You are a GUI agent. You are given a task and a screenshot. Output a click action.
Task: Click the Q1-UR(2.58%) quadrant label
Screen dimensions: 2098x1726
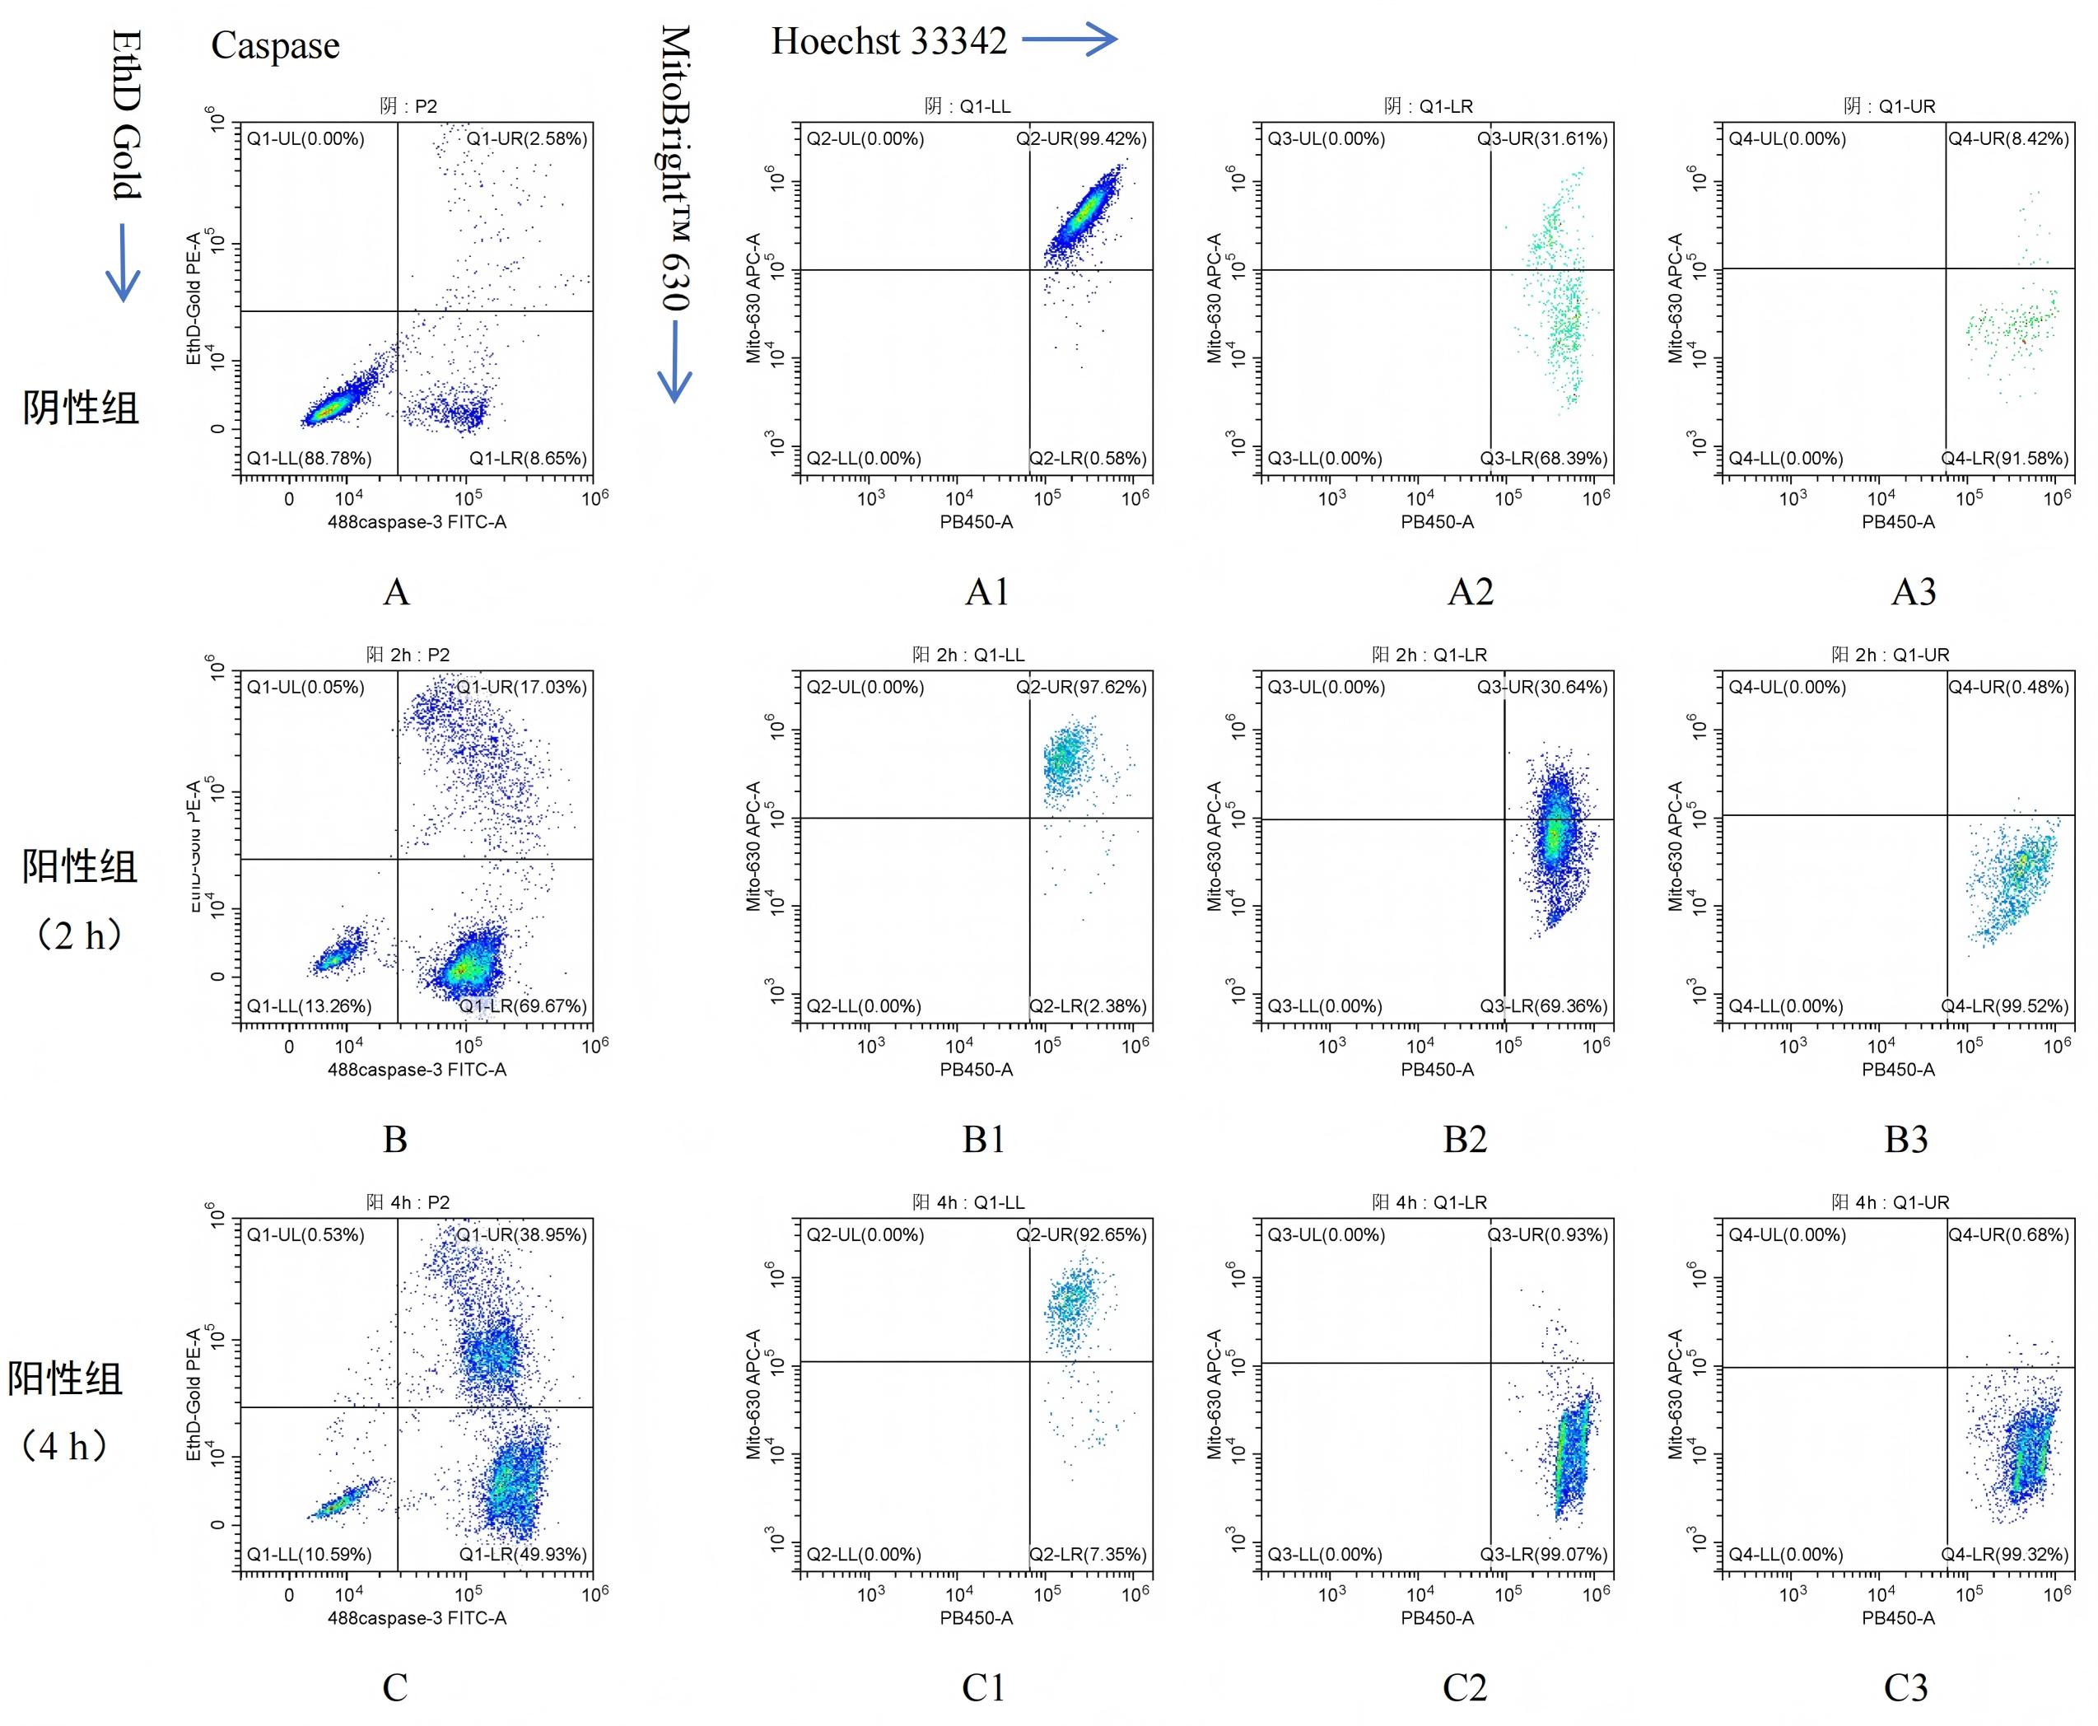click(x=527, y=139)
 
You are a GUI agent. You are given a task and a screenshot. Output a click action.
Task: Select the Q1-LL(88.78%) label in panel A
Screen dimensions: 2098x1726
click(x=310, y=459)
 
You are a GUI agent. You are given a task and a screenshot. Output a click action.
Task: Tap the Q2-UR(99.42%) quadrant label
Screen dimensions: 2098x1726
click(x=1081, y=139)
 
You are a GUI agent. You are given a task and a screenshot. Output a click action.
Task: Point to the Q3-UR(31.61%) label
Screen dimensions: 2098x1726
click(x=1542, y=139)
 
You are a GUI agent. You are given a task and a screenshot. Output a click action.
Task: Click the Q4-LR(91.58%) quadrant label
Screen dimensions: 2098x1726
click(x=2004, y=459)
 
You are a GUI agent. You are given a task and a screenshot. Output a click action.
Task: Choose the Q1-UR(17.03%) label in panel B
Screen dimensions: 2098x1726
click(x=521, y=687)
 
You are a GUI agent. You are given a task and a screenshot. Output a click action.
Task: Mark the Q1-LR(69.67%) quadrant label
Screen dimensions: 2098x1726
click(x=523, y=1006)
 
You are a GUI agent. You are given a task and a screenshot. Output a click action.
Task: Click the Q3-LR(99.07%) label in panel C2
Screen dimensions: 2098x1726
click(x=1543, y=1554)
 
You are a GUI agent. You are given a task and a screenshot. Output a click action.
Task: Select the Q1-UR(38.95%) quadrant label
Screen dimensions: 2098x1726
click(x=521, y=1235)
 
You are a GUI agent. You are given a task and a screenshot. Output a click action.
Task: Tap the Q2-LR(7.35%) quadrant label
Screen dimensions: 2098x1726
click(x=1088, y=1554)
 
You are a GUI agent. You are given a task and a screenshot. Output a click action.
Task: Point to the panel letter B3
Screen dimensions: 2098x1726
click(x=1906, y=1140)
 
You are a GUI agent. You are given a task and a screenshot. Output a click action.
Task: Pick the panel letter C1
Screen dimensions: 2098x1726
click(x=983, y=1687)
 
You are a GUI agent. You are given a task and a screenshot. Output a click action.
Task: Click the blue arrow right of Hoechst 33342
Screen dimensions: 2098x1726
click(x=1070, y=40)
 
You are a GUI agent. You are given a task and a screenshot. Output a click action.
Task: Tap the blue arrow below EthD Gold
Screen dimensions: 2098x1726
click(x=123, y=263)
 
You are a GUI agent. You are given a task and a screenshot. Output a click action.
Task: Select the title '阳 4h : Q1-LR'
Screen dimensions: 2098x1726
click(x=1430, y=1202)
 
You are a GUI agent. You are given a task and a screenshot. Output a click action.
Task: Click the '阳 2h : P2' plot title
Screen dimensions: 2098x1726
click(x=408, y=654)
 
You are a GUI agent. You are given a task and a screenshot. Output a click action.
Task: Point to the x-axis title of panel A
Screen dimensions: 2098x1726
click(x=417, y=522)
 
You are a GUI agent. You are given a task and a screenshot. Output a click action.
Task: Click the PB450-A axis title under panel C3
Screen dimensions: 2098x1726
click(x=1898, y=1617)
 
